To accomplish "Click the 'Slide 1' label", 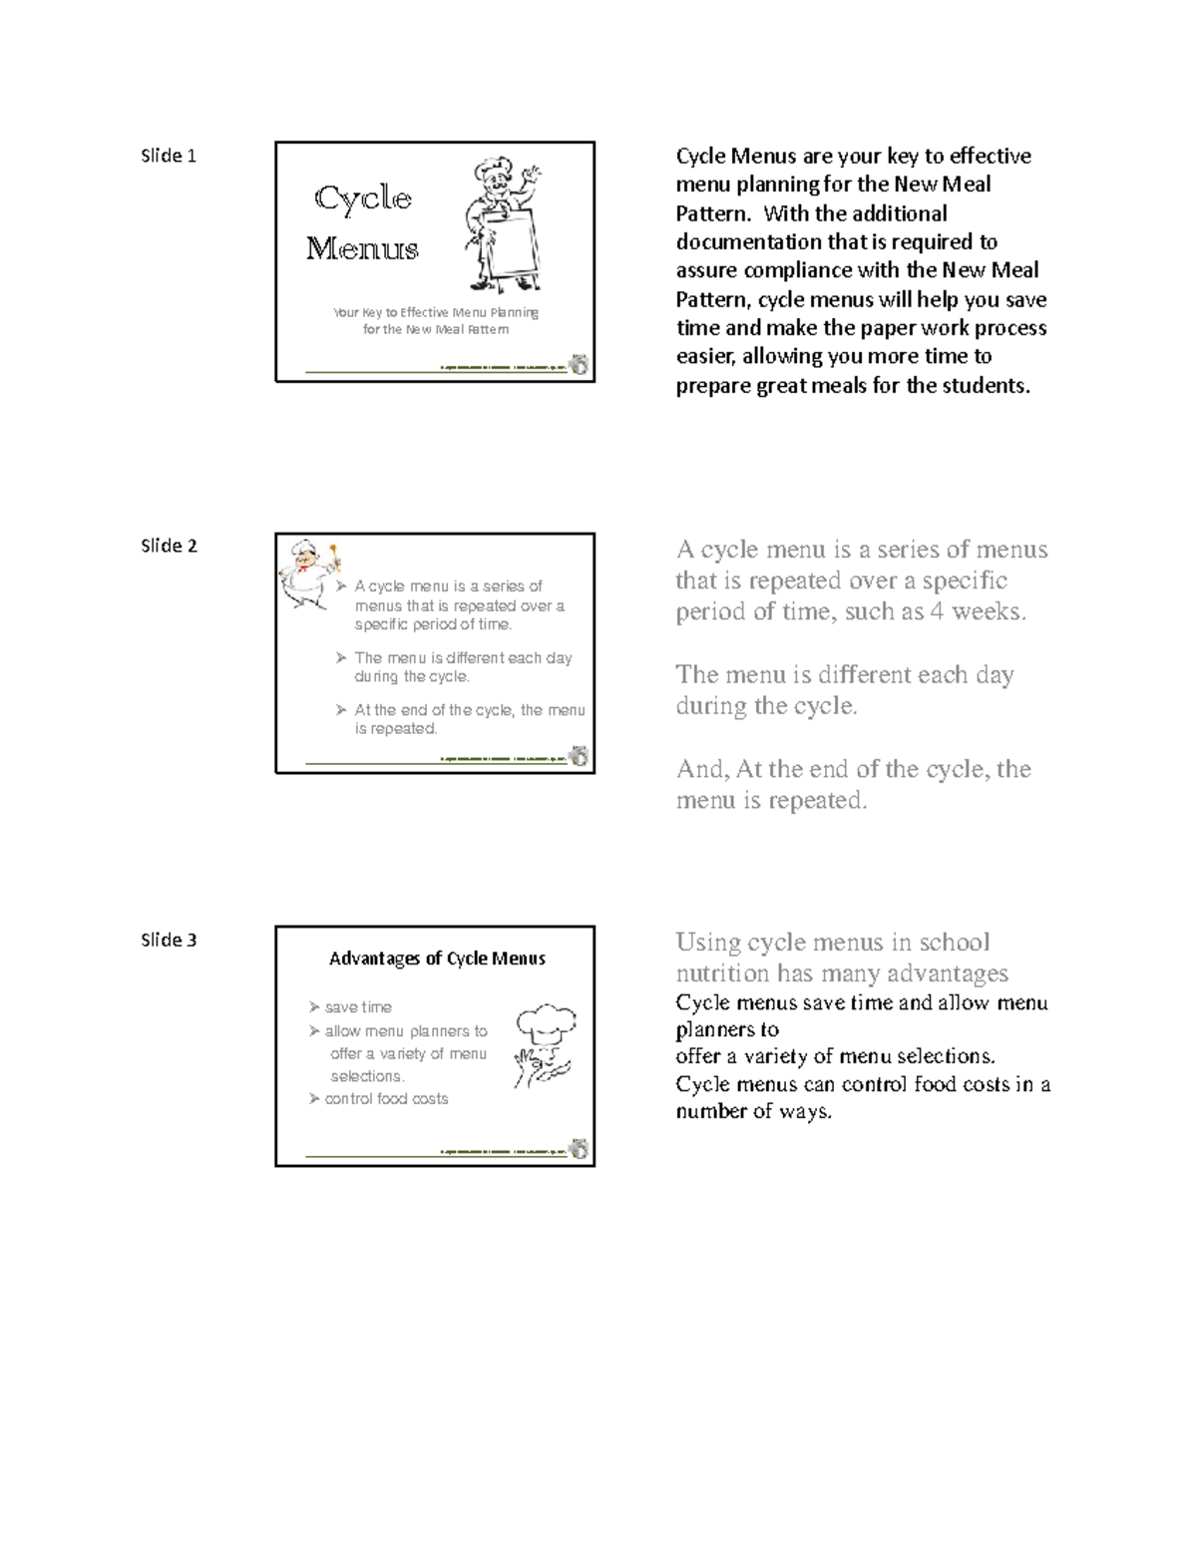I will [x=169, y=156].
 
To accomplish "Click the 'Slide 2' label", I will [x=169, y=546].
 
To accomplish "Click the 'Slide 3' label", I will [x=169, y=940].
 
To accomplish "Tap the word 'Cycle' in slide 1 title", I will [x=363, y=198].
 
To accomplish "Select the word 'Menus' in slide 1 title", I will [x=362, y=248].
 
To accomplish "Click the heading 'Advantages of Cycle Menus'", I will [x=437, y=959].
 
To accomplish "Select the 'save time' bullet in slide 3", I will [x=357, y=1007].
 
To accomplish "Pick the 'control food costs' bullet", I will [x=385, y=1098].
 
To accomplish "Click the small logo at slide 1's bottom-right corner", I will [x=579, y=365].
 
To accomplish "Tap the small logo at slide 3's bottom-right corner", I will [x=579, y=1149].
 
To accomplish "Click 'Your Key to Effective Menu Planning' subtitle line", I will [x=436, y=312].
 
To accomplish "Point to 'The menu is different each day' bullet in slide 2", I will [x=463, y=657].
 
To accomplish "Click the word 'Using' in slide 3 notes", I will [x=707, y=943].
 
